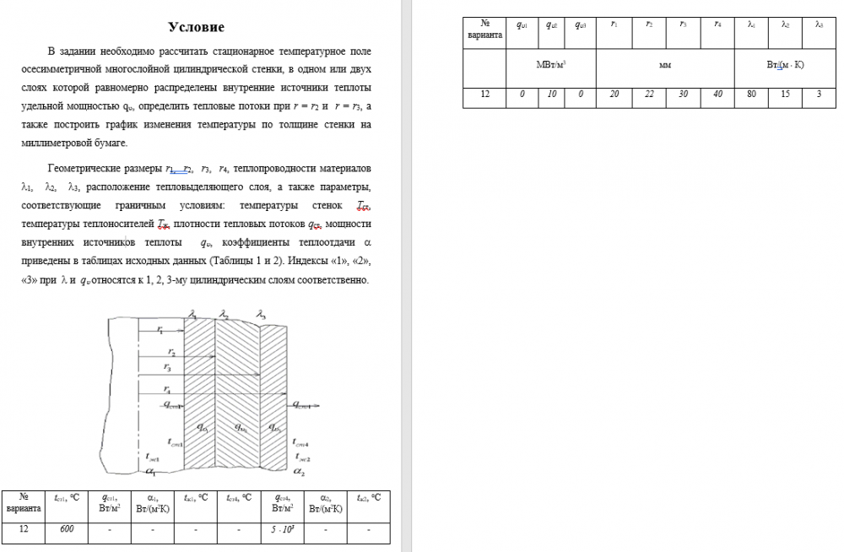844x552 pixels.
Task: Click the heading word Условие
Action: [197, 28]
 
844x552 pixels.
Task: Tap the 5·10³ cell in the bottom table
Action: [282, 529]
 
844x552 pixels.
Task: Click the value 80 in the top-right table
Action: [751, 95]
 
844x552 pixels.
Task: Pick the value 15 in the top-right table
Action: [785, 95]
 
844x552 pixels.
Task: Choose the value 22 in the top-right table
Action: [648, 95]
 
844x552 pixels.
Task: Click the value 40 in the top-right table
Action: [717, 95]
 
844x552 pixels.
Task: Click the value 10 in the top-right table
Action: [550, 95]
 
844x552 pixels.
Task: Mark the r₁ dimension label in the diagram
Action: [160, 330]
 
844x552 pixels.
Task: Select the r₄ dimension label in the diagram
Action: [167, 391]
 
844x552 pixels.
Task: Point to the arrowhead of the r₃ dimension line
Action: [214, 373]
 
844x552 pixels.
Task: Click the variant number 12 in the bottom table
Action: [24, 529]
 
